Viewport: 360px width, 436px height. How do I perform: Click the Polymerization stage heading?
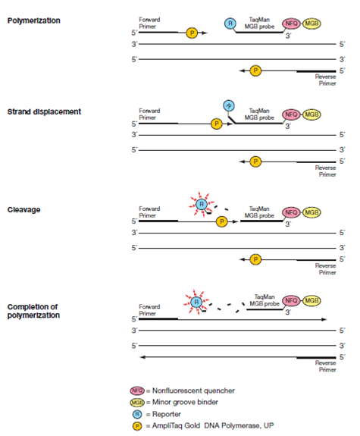click(33, 20)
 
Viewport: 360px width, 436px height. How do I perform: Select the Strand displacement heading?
click(44, 111)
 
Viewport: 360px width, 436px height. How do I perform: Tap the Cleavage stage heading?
click(24, 209)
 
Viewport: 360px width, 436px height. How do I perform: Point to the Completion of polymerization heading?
click(33, 311)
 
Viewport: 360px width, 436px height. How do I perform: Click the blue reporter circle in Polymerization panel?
click(230, 24)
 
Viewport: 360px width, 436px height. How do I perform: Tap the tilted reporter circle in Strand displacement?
click(229, 105)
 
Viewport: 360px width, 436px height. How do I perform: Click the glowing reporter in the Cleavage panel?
click(202, 205)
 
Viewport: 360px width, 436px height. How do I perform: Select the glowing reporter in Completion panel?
click(196, 302)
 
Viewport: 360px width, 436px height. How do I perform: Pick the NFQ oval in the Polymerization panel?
click(291, 24)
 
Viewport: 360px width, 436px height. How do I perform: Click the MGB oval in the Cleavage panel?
click(311, 212)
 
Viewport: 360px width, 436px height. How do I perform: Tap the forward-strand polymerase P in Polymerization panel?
click(192, 33)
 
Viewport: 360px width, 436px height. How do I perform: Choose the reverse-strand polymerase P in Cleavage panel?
click(255, 259)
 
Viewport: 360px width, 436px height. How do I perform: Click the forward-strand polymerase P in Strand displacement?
click(217, 124)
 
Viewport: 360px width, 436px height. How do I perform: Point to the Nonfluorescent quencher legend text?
click(193, 391)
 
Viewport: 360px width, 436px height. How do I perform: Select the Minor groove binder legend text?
click(185, 402)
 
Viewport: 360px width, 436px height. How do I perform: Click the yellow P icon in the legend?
click(137, 426)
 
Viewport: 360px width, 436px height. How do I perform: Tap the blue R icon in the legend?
click(137, 414)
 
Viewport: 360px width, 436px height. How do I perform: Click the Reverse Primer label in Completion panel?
click(326, 366)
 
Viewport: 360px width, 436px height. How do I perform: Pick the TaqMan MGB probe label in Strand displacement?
click(259, 114)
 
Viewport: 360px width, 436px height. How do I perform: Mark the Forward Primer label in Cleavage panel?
click(149, 212)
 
